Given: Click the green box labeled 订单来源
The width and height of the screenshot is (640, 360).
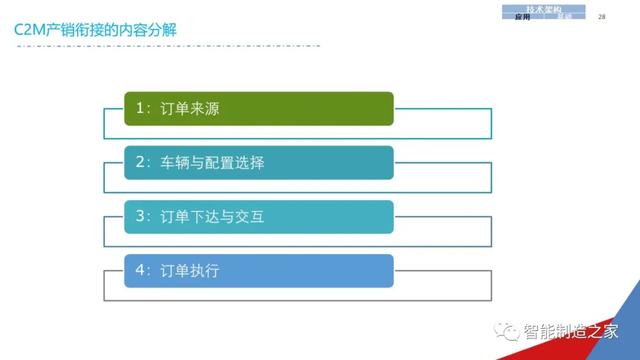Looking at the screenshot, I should [x=258, y=108].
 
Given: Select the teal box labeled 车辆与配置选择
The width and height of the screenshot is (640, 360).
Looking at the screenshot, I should [x=258, y=162].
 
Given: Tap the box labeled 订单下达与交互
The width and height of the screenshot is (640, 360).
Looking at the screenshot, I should [x=258, y=216].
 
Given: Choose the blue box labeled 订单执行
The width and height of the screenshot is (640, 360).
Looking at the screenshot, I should [x=258, y=270].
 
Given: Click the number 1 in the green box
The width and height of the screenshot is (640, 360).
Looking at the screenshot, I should [x=140, y=108].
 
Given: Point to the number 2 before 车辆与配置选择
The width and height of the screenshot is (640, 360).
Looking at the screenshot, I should [x=140, y=162].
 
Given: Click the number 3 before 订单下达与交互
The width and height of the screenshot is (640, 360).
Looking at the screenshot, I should [x=140, y=216].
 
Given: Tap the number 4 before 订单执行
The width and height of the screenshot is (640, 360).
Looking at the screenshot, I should [x=140, y=270].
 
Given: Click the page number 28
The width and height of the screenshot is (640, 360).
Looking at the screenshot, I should [x=602, y=17].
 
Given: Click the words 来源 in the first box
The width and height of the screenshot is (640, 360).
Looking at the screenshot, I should [x=204, y=108].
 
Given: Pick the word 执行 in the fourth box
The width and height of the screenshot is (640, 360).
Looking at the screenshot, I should [x=204, y=270].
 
